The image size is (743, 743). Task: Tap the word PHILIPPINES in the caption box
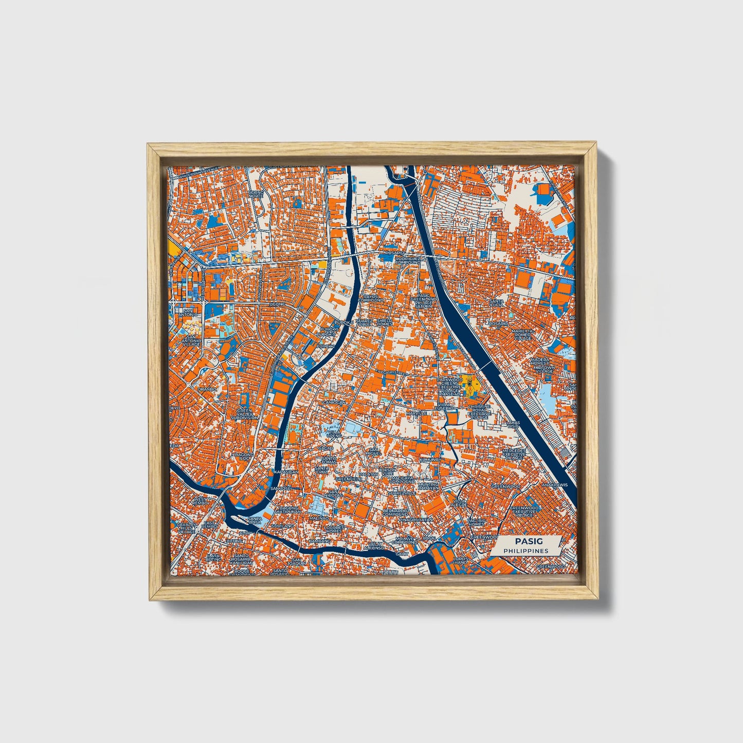[525, 551]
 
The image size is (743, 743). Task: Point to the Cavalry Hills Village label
[186, 527]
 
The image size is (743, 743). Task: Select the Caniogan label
[334, 402]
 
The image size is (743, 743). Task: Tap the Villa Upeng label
[334, 434]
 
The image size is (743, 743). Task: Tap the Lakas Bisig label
[514, 424]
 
